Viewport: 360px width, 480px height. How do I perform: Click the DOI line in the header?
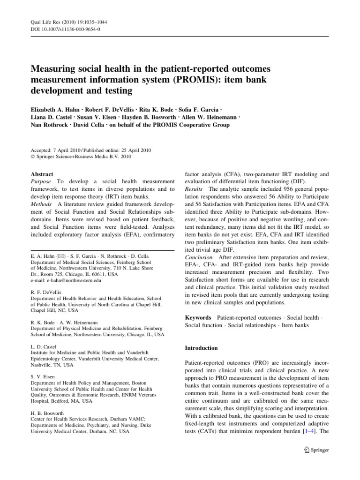(x=65, y=29)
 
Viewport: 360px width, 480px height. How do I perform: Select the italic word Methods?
(x=42, y=204)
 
